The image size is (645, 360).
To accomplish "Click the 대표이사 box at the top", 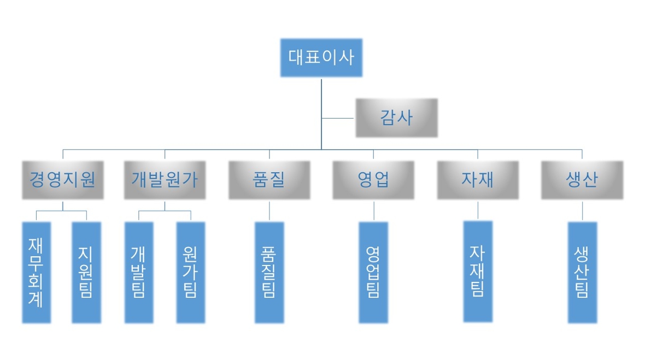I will pos(321,58).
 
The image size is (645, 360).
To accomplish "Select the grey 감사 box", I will pos(396,118).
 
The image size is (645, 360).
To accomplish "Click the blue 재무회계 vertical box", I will pos(37,272).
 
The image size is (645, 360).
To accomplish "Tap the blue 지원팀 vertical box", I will pos(86,272).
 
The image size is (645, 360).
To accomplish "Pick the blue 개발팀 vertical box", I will pos(139,272).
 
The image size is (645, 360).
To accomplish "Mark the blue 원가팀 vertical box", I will pos(191,272).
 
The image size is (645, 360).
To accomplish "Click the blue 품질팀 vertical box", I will pos(269,272).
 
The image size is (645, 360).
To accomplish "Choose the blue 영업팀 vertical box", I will pos(374,272).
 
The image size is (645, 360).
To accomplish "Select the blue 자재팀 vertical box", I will pos(478,271).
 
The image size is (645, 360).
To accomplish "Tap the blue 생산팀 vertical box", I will pos(582,272).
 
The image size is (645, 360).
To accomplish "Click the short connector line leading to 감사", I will pos(338,118).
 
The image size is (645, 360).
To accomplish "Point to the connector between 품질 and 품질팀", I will pos(269,210).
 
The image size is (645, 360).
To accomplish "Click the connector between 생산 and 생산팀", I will pos(582,210).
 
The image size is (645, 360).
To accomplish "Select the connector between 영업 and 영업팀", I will pos(374,210).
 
